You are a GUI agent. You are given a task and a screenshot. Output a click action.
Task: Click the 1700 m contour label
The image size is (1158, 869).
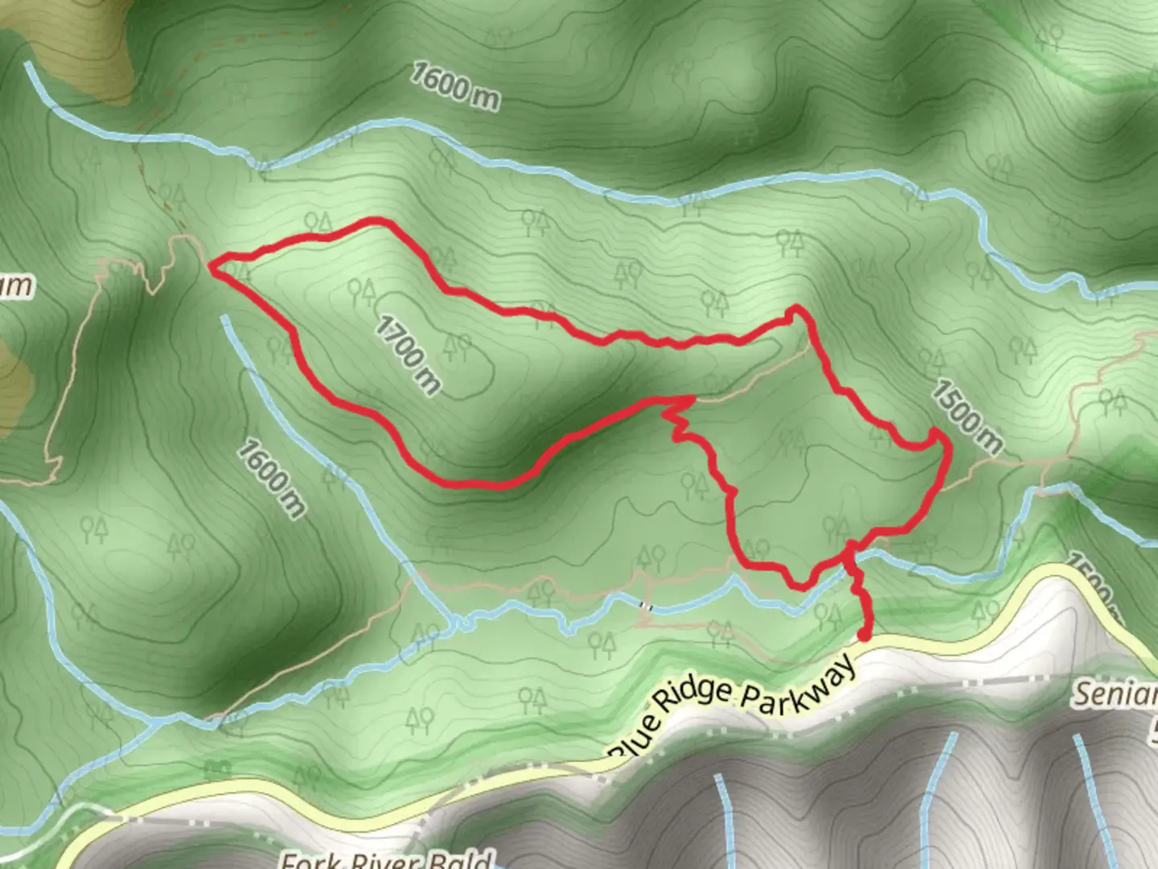409,355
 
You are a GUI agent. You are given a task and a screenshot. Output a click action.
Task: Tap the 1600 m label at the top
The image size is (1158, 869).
455,85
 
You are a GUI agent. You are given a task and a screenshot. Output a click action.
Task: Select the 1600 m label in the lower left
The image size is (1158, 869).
272,477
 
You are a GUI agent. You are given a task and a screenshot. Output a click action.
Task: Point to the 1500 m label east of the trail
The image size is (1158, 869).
967,417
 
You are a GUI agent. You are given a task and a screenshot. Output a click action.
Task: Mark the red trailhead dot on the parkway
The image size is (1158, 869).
864,636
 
